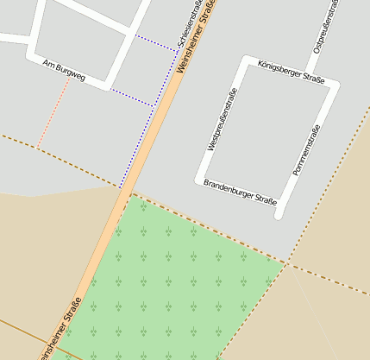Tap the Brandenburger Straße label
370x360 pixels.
[x=240, y=193]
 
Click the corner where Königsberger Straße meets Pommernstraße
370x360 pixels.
[x=335, y=85]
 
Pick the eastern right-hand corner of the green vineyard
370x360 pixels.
[x=285, y=262]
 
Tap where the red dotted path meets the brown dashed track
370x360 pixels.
[x=36, y=147]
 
